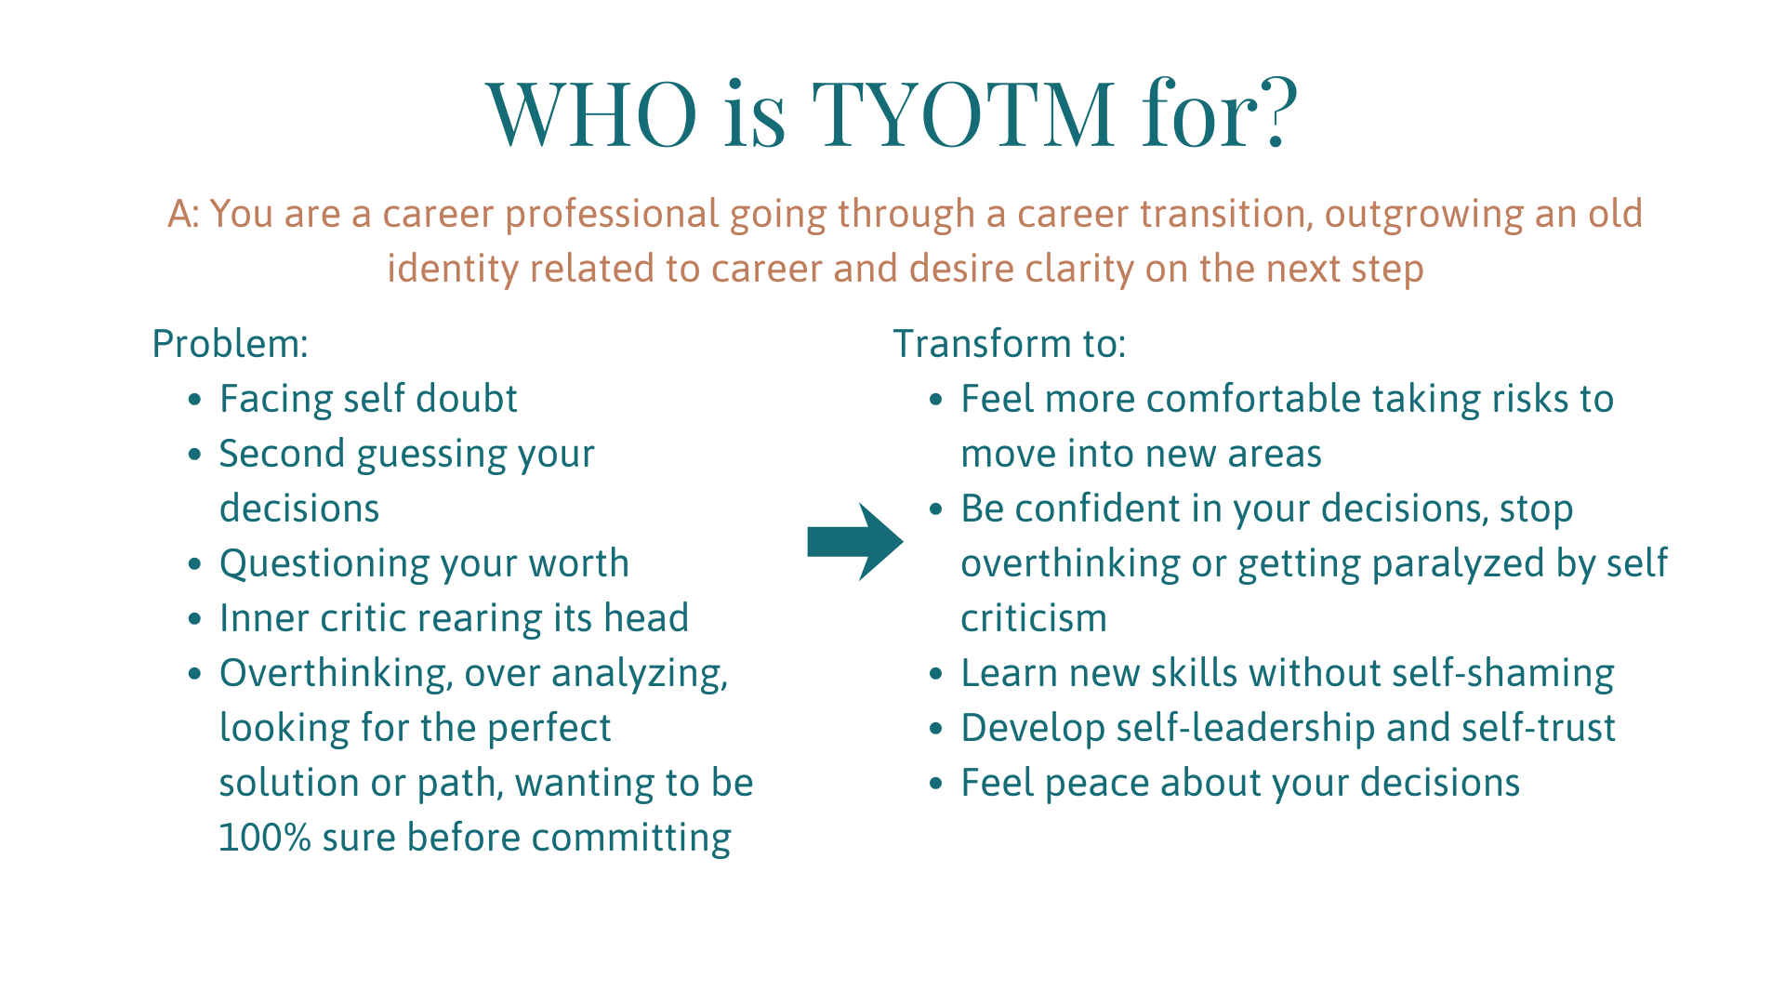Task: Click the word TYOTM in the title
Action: click(963, 113)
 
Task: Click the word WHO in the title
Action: click(591, 113)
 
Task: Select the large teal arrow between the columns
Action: click(855, 542)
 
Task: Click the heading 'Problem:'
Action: click(230, 344)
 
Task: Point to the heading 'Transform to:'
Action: click(1010, 344)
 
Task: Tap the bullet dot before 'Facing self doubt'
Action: click(194, 400)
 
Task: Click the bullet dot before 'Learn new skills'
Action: click(936, 674)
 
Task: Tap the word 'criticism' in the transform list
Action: click(1034, 619)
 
